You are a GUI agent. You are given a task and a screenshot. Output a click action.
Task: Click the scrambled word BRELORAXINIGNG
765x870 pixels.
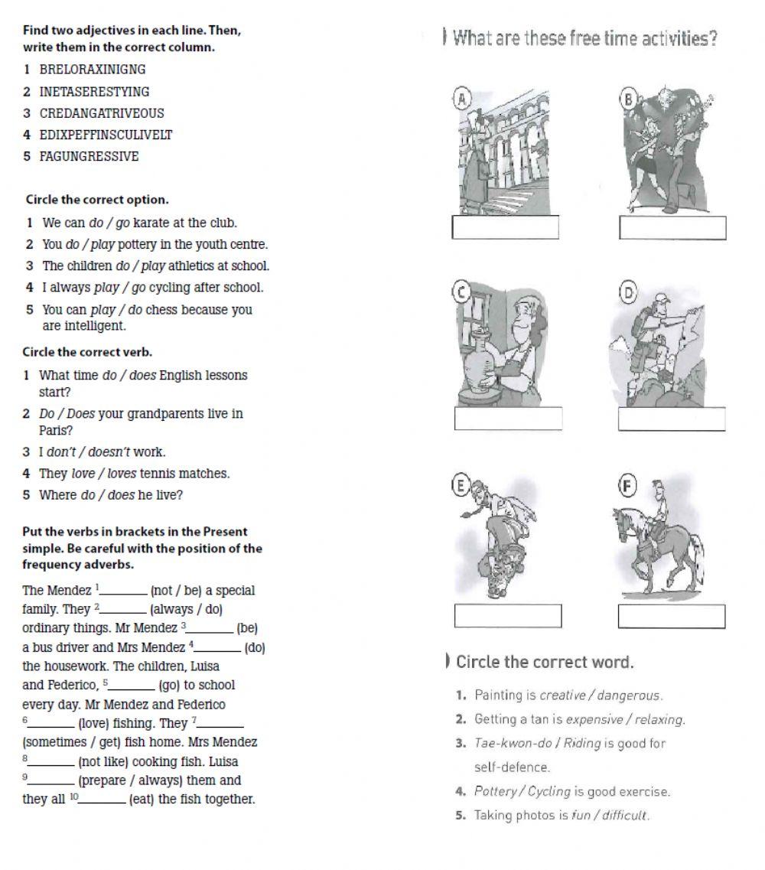click(93, 70)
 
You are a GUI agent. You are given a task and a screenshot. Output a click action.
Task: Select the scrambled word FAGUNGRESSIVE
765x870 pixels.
click(89, 157)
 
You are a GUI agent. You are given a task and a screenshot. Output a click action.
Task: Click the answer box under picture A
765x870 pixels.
click(506, 228)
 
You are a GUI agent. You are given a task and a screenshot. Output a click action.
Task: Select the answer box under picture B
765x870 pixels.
click(672, 228)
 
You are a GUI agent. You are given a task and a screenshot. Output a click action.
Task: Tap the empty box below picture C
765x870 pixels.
click(508, 419)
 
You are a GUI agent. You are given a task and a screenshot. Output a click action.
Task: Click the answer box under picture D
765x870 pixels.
click(672, 419)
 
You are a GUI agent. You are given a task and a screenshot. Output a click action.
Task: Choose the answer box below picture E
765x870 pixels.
click(508, 616)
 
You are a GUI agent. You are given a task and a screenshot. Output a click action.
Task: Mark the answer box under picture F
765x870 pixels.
click(672, 616)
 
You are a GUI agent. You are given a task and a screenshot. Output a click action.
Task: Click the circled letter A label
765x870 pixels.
click(461, 96)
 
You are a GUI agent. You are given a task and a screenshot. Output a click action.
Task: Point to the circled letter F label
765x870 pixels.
click(627, 486)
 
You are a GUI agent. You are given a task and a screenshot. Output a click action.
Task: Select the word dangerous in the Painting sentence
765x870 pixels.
click(629, 696)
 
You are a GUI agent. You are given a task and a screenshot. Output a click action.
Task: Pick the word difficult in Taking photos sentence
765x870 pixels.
click(625, 816)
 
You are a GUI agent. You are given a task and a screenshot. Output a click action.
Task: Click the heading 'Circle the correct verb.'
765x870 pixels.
click(87, 353)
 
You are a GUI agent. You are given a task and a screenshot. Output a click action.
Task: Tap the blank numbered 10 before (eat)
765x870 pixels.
click(103, 800)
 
